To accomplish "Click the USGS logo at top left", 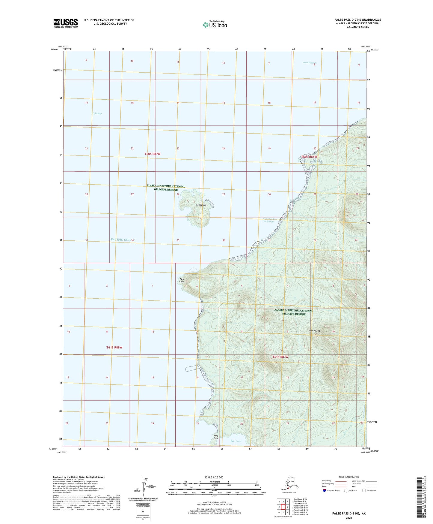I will [65, 23].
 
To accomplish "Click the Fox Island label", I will [201, 205].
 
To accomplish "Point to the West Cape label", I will [182, 280].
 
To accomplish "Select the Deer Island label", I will [314, 331].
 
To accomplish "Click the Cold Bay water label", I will [97, 113].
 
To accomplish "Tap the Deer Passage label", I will [310, 63].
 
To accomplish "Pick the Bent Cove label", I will [236, 441].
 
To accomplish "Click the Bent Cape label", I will [216, 437].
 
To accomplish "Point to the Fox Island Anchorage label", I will [268, 220].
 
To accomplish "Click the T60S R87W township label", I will [153, 154].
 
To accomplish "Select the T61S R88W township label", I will [114, 347].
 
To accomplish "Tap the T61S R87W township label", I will [280, 357].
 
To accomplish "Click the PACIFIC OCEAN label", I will [123, 239].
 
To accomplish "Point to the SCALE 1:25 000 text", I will [214, 477].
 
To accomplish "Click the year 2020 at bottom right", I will [349, 518].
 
